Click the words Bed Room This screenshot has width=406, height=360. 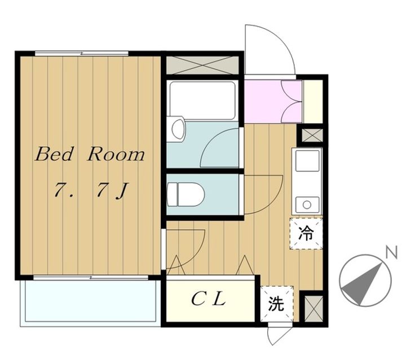(x=90, y=155)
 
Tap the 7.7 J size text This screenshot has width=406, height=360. (x=90, y=192)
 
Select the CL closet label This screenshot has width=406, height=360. (x=208, y=299)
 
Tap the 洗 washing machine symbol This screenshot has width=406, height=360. (x=276, y=305)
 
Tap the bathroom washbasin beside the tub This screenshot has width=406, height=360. (x=176, y=129)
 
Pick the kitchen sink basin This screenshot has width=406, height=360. (x=307, y=164)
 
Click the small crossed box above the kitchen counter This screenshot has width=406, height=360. (x=311, y=135)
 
